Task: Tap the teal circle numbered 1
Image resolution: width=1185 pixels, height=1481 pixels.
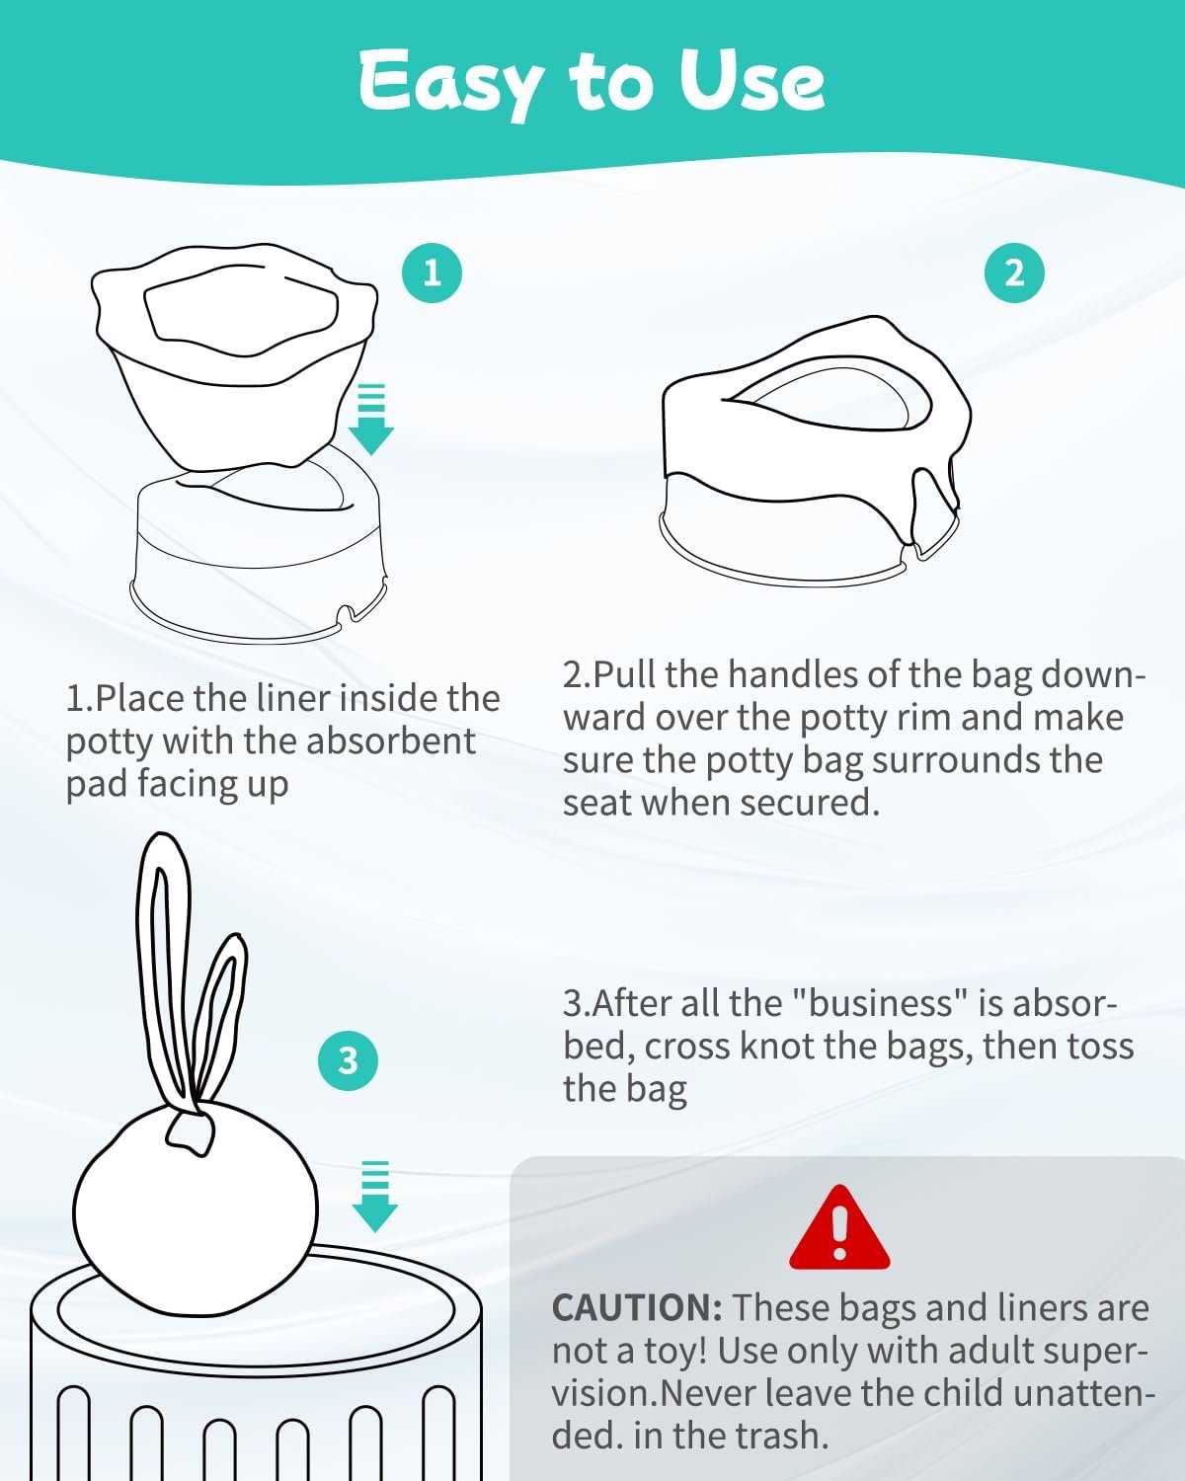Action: point(432,273)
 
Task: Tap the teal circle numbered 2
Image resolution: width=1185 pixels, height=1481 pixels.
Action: point(1014,273)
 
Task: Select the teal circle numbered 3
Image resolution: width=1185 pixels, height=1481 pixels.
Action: point(348,1060)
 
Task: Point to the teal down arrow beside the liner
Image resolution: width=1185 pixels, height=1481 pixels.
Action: point(371,419)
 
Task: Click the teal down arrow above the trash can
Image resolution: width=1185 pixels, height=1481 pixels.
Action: point(374,1197)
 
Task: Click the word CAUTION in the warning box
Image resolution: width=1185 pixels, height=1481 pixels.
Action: point(637,1307)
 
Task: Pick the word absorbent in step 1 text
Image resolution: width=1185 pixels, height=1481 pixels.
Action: point(390,741)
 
